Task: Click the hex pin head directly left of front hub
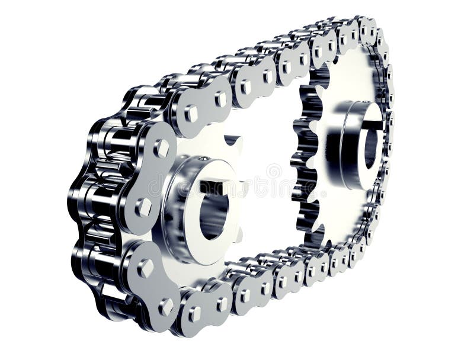(x=143, y=207)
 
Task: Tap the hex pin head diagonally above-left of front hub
(x=160, y=148)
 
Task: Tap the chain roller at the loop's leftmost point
(x=80, y=195)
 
